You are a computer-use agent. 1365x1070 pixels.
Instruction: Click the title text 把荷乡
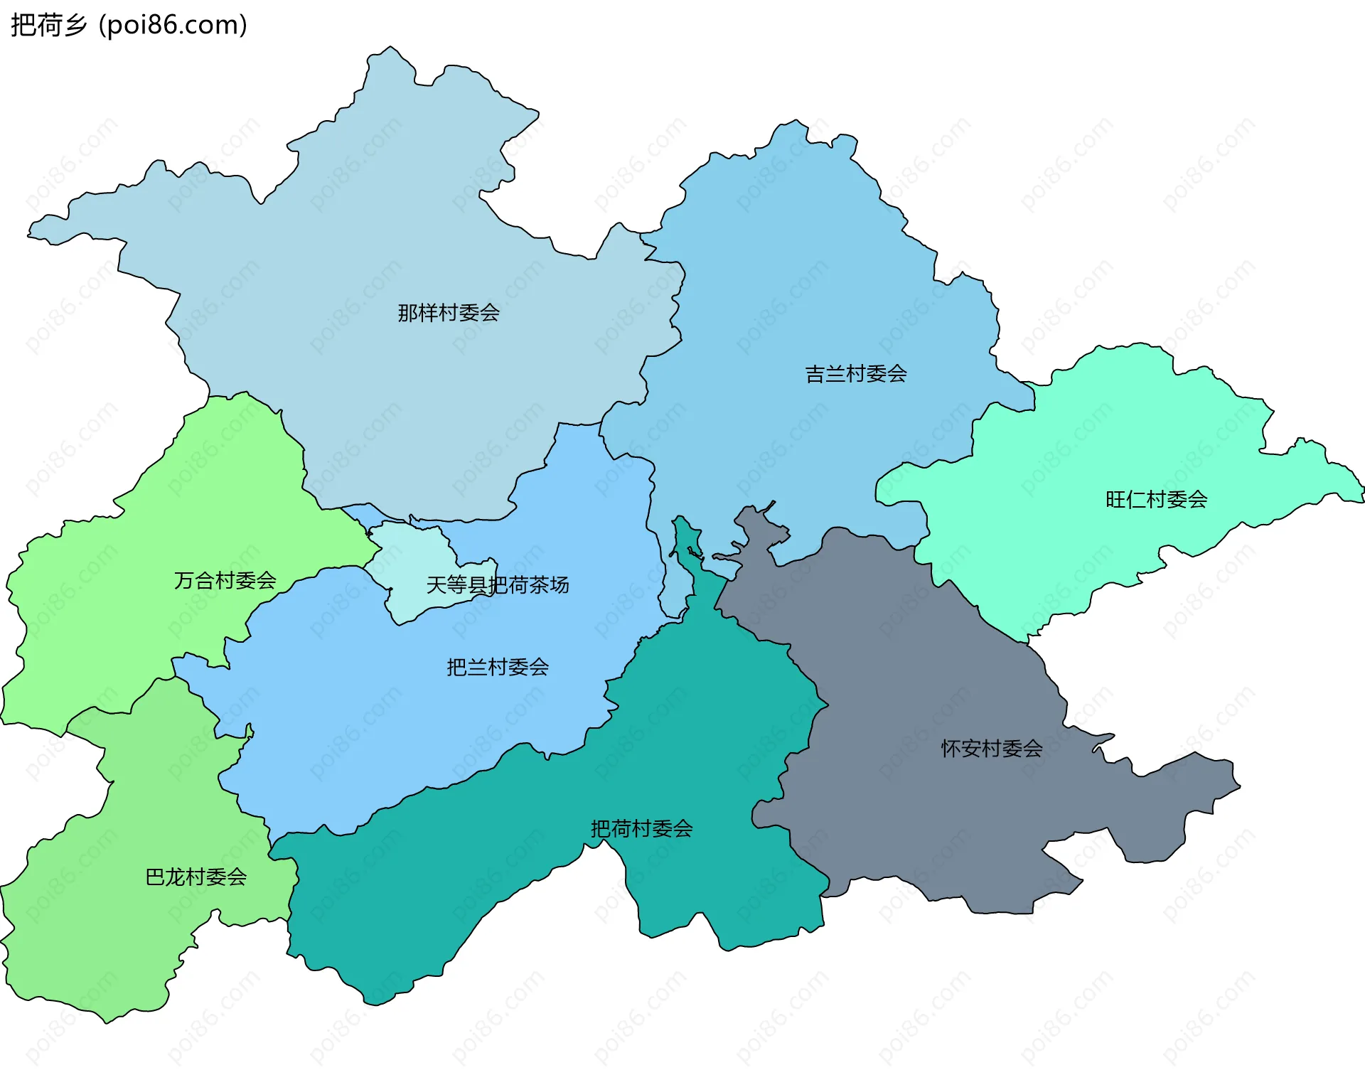click(x=48, y=25)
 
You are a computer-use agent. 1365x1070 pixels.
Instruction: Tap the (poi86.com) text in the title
click(x=173, y=25)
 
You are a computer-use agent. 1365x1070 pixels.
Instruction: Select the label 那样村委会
click(x=449, y=313)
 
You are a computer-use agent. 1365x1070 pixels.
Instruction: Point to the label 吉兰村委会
click(x=856, y=374)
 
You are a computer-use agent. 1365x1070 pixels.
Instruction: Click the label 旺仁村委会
click(x=1157, y=500)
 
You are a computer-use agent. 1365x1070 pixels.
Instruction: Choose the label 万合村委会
click(x=225, y=581)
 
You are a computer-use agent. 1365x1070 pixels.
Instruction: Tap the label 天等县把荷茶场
click(x=498, y=585)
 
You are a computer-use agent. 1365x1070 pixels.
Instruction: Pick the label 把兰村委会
click(x=498, y=668)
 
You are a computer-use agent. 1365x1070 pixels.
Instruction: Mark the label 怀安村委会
click(x=992, y=749)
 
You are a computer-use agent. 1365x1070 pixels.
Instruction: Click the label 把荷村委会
click(x=642, y=829)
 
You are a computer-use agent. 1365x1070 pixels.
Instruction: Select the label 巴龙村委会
click(x=196, y=877)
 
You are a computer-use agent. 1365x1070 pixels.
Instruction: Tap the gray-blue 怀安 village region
click(x=924, y=675)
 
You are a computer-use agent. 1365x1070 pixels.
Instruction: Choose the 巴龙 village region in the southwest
click(x=107, y=924)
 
